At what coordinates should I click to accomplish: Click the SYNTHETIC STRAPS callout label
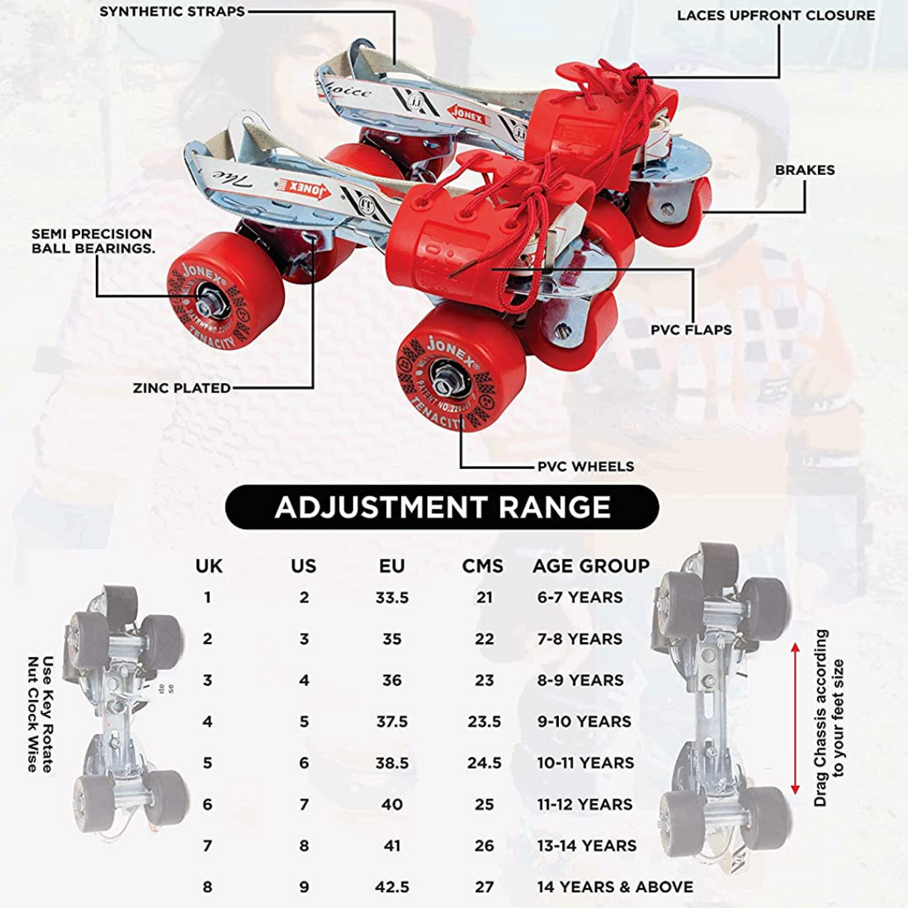point(172,12)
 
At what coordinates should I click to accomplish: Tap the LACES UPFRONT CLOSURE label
point(776,16)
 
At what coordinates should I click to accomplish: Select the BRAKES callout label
point(805,170)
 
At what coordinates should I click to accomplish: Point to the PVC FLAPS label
point(691,330)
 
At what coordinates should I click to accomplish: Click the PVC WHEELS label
point(586,466)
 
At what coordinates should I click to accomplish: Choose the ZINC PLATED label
point(182,388)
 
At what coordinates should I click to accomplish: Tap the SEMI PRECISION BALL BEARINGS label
point(92,241)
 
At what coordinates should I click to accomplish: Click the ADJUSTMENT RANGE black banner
point(442,507)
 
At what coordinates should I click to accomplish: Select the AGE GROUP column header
point(591,566)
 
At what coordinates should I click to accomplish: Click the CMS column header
point(482,566)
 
